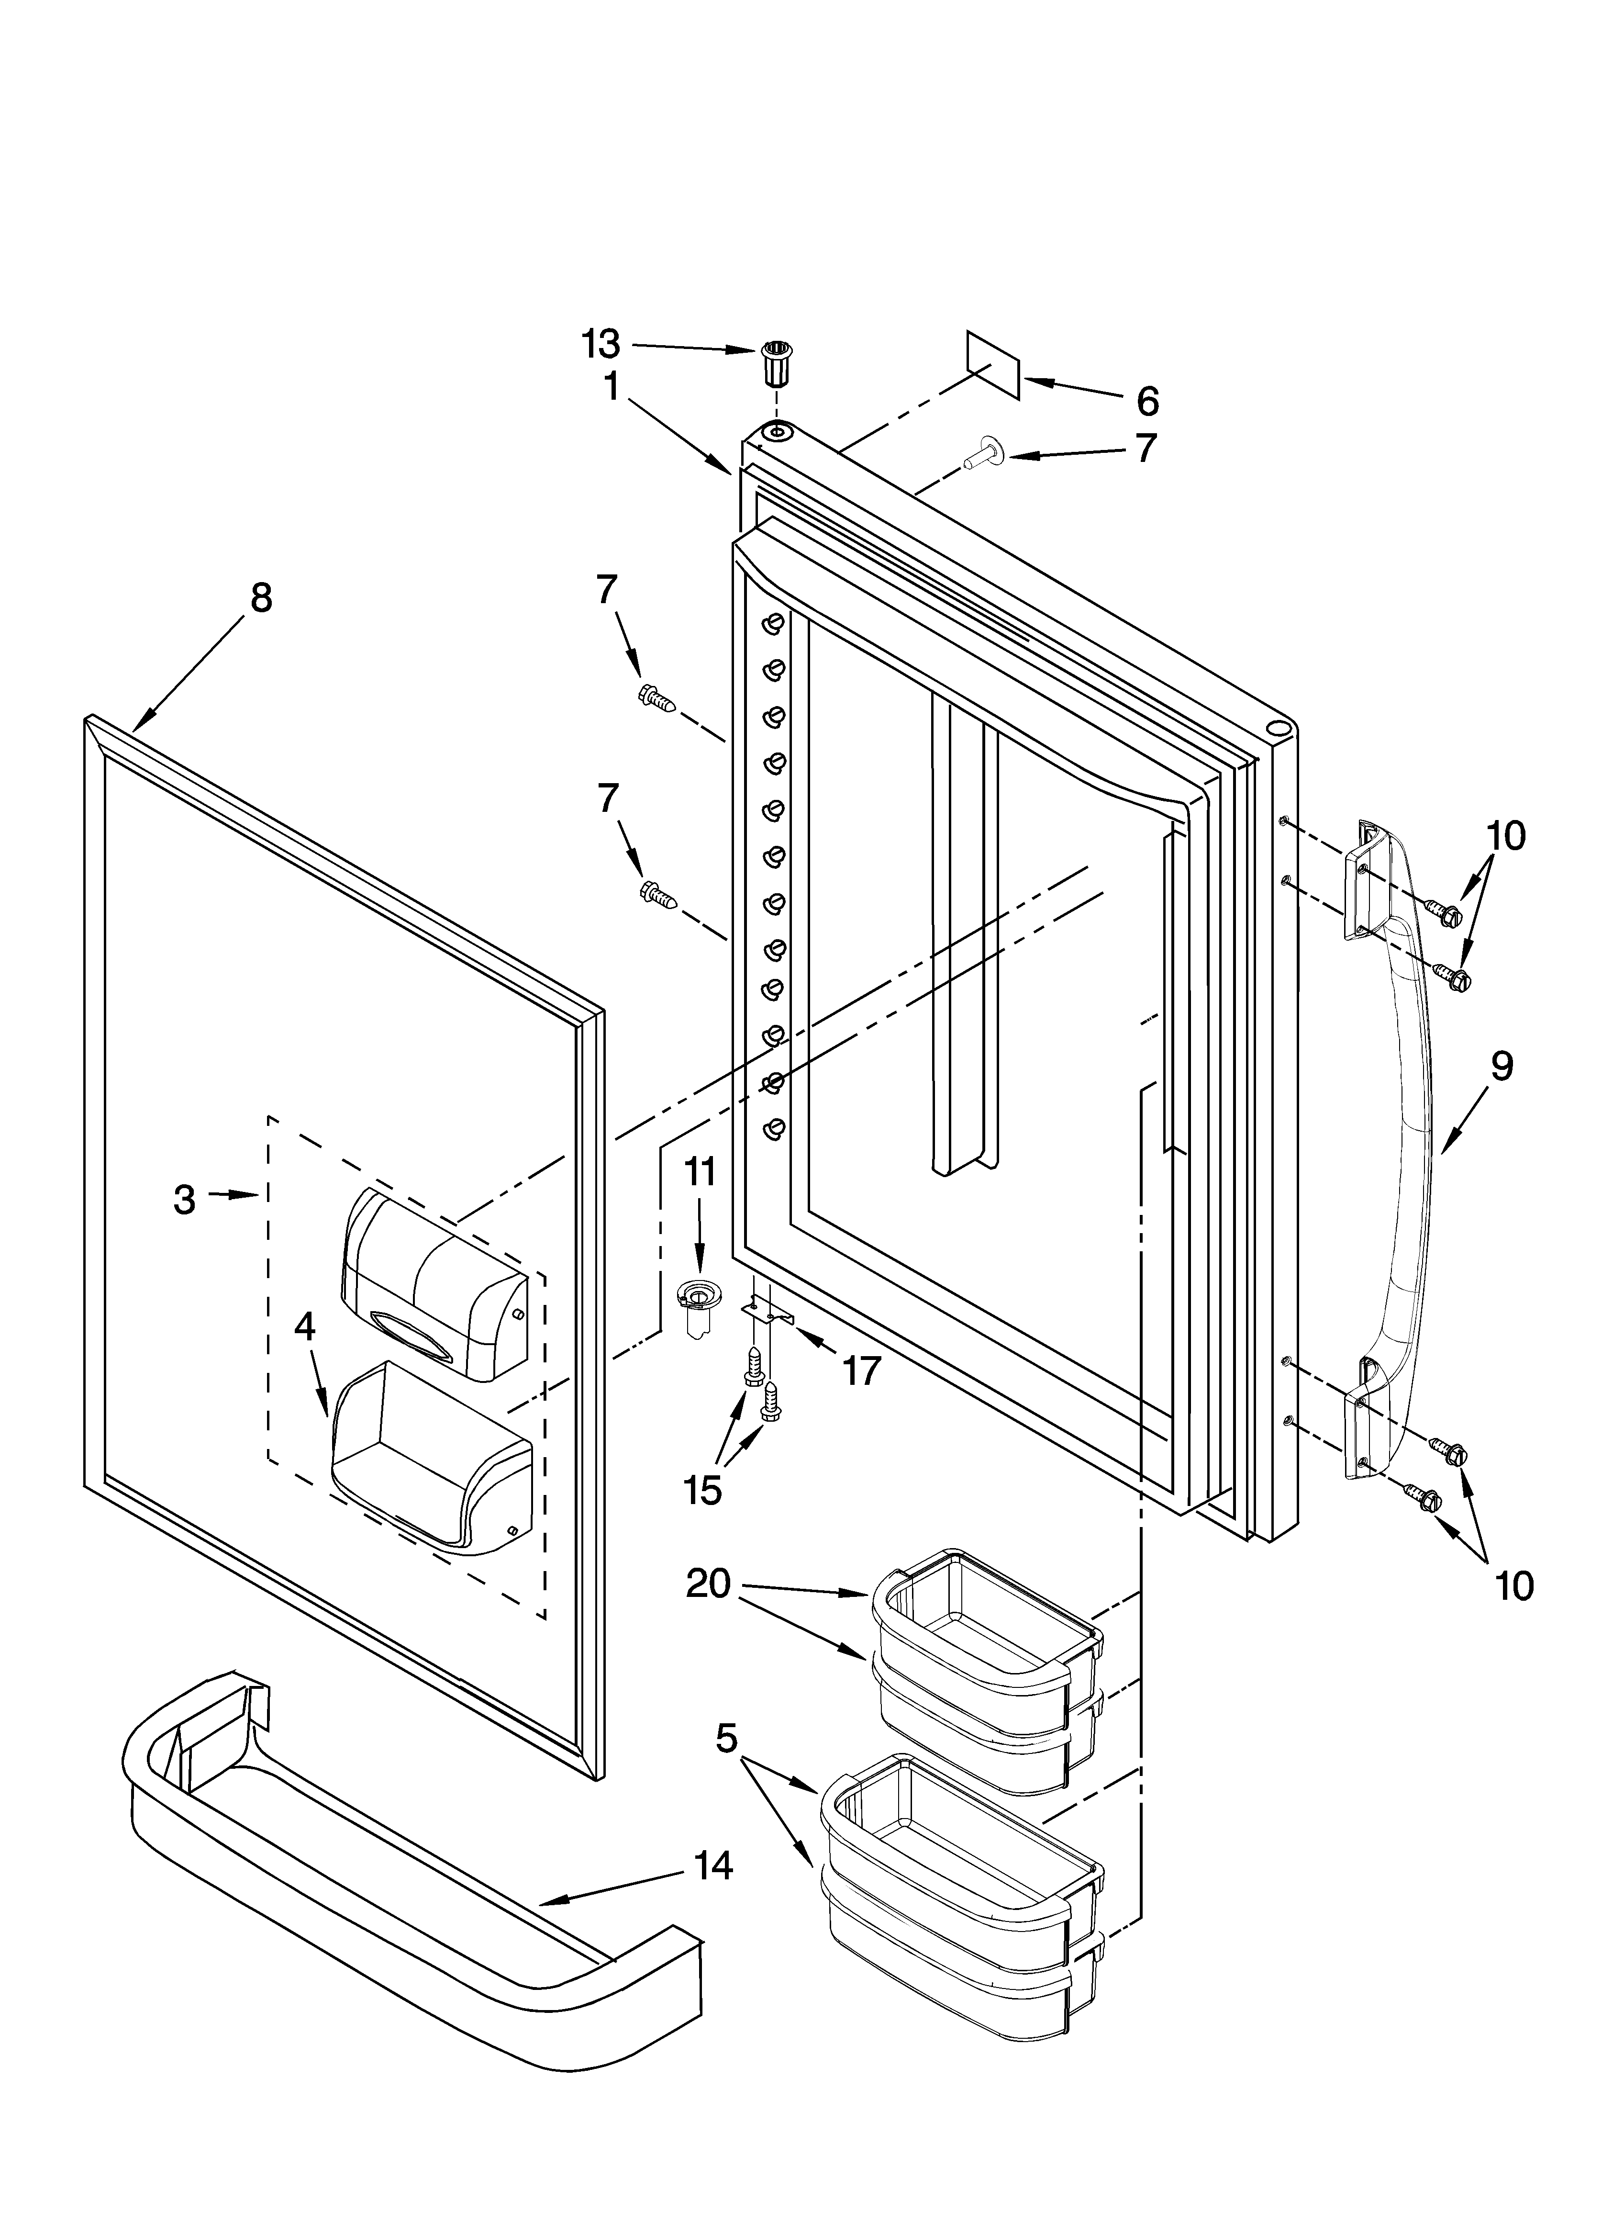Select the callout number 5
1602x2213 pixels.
click(727, 1738)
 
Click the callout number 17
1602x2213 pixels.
click(861, 1370)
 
